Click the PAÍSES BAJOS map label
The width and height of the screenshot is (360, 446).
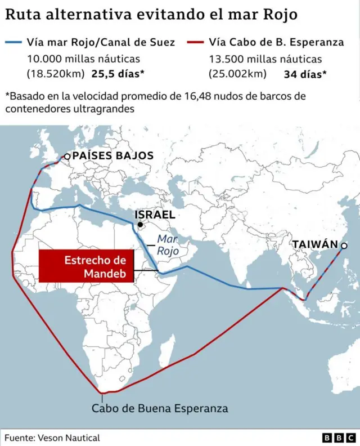pyautogui.click(x=112, y=156)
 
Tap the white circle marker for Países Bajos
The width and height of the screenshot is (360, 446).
pyautogui.click(x=67, y=157)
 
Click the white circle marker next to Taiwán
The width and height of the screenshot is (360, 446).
pyautogui.click(x=344, y=245)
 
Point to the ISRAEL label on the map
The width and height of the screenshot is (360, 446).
pyautogui.click(x=155, y=215)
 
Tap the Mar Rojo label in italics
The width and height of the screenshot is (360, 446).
pyautogui.click(x=168, y=245)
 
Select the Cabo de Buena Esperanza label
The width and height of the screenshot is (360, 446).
pyautogui.click(x=160, y=409)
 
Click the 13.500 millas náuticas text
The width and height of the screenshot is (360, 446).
pyautogui.click(x=265, y=59)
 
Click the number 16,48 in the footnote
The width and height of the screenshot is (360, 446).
pyautogui.click(x=197, y=96)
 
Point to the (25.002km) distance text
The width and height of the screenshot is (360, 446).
pyautogui.click(x=237, y=73)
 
